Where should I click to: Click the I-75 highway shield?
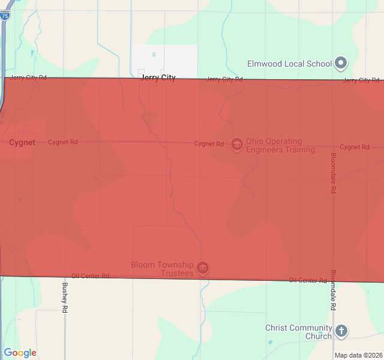[x=5, y=16]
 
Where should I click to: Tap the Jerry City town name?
[x=158, y=78]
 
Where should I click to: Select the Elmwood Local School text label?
[x=289, y=64]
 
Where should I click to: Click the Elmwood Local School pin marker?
[x=341, y=62]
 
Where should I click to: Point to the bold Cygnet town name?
[x=22, y=143]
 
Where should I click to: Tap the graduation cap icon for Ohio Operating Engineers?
[x=236, y=144]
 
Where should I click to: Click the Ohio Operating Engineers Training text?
[x=282, y=146]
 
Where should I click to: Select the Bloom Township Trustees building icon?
[x=203, y=268]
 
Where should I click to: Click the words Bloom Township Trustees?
[x=162, y=269]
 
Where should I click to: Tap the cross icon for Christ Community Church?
[x=341, y=331]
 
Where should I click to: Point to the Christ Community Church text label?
[x=298, y=332]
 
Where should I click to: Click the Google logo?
[x=20, y=353]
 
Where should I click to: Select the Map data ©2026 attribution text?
[x=358, y=355]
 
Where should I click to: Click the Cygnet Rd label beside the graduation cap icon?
[x=209, y=144]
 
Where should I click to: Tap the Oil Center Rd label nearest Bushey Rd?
[x=90, y=276]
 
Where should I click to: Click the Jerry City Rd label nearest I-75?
[x=28, y=78]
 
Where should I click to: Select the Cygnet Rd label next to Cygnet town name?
[x=63, y=142]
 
